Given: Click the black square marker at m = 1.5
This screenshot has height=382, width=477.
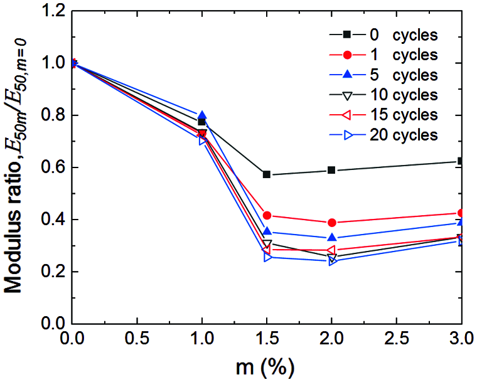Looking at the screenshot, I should pos(267,174).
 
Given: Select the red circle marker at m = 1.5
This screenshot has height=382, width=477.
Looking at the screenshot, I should pos(267,215).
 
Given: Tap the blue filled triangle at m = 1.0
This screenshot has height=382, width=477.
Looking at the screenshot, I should pos(201,115).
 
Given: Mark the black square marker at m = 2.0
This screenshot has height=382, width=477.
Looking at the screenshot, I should pos(332,170).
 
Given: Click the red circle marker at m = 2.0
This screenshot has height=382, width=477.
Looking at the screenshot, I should pos(332,223).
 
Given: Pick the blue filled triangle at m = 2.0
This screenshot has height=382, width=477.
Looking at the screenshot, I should pos(332,238).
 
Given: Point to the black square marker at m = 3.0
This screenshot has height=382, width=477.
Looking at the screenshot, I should pos(461,161).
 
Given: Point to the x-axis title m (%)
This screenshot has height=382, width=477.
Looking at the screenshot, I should pos(266,366).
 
